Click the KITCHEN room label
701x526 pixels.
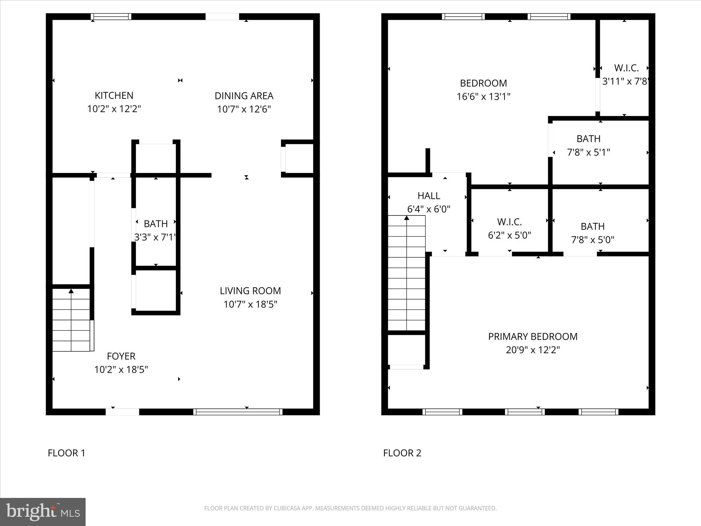point(114,96)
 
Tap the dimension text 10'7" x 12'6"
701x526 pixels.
point(244,109)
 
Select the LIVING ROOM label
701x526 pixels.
point(250,291)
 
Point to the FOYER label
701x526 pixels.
point(121,356)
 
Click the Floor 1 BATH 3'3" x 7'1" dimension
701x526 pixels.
point(155,237)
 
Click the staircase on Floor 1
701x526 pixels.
point(71,320)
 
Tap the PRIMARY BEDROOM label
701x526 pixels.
point(533,337)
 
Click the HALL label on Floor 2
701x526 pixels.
point(429,196)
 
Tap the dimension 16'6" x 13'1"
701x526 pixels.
point(483,97)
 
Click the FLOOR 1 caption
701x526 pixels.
point(66,453)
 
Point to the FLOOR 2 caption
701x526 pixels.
point(402,453)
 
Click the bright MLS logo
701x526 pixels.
point(43,512)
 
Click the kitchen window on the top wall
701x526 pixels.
point(111,16)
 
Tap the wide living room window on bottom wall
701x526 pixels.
point(238,412)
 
